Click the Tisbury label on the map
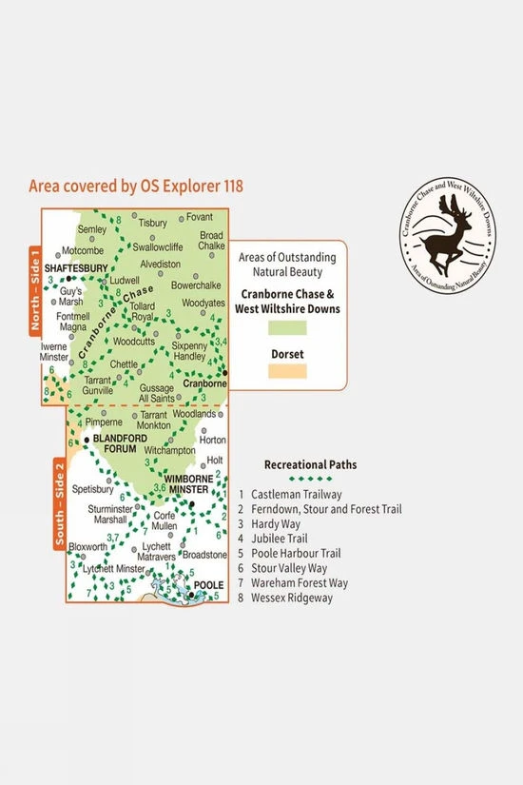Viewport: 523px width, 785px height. (152, 223)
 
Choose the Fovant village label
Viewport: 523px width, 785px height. (200, 217)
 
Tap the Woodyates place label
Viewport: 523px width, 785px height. (203, 303)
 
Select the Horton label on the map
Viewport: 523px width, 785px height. (214, 440)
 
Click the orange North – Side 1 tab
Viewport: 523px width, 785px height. (35, 290)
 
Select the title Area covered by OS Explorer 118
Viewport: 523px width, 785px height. (136, 186)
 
